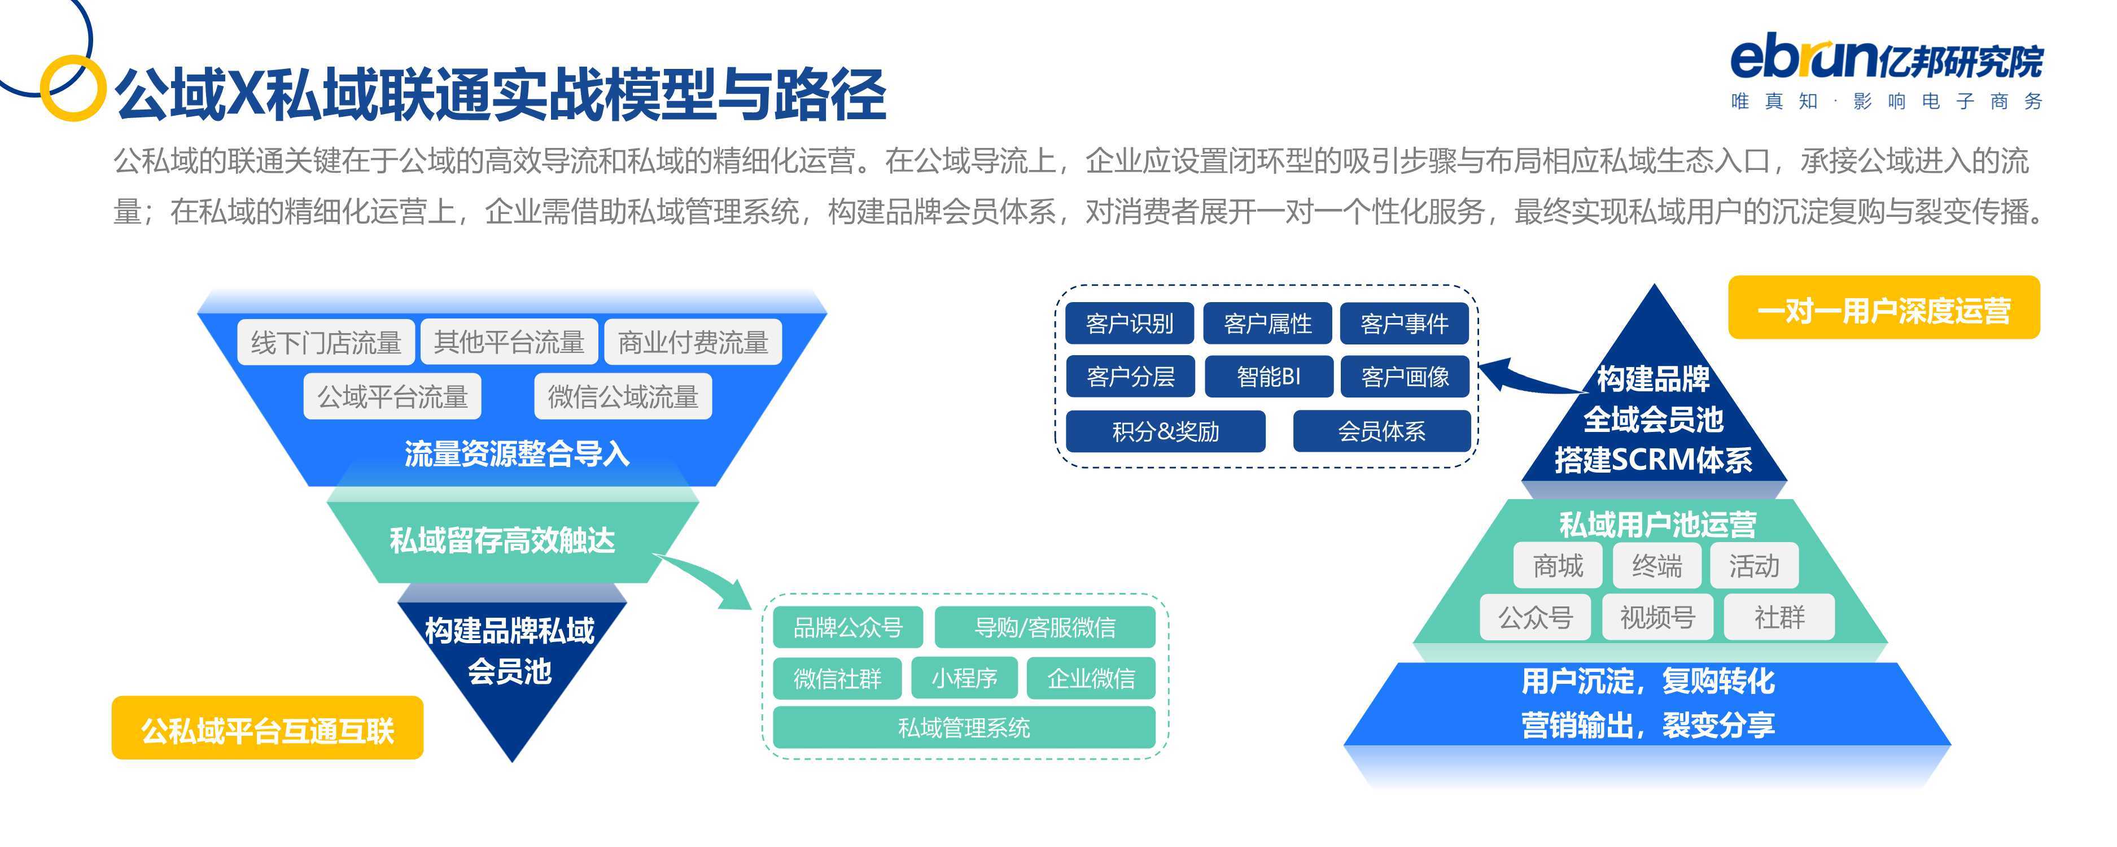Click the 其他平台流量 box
(x=509, y=341)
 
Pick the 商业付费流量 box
(x=693, y=341)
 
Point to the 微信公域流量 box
(x=623, y=396)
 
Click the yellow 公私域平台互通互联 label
(x=267, y=728)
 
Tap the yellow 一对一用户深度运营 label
(x=1884, y=308)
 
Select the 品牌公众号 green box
(x=847, y=627)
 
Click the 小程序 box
(x=964, y=678)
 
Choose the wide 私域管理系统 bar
(x=964, y=727)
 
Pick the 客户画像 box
(x=1405, y=377)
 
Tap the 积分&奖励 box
(x=1165, y=431)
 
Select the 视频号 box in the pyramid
(x=1657, y=617)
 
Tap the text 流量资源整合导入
(x=517, y=453)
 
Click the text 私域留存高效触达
(x=502, y=540)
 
